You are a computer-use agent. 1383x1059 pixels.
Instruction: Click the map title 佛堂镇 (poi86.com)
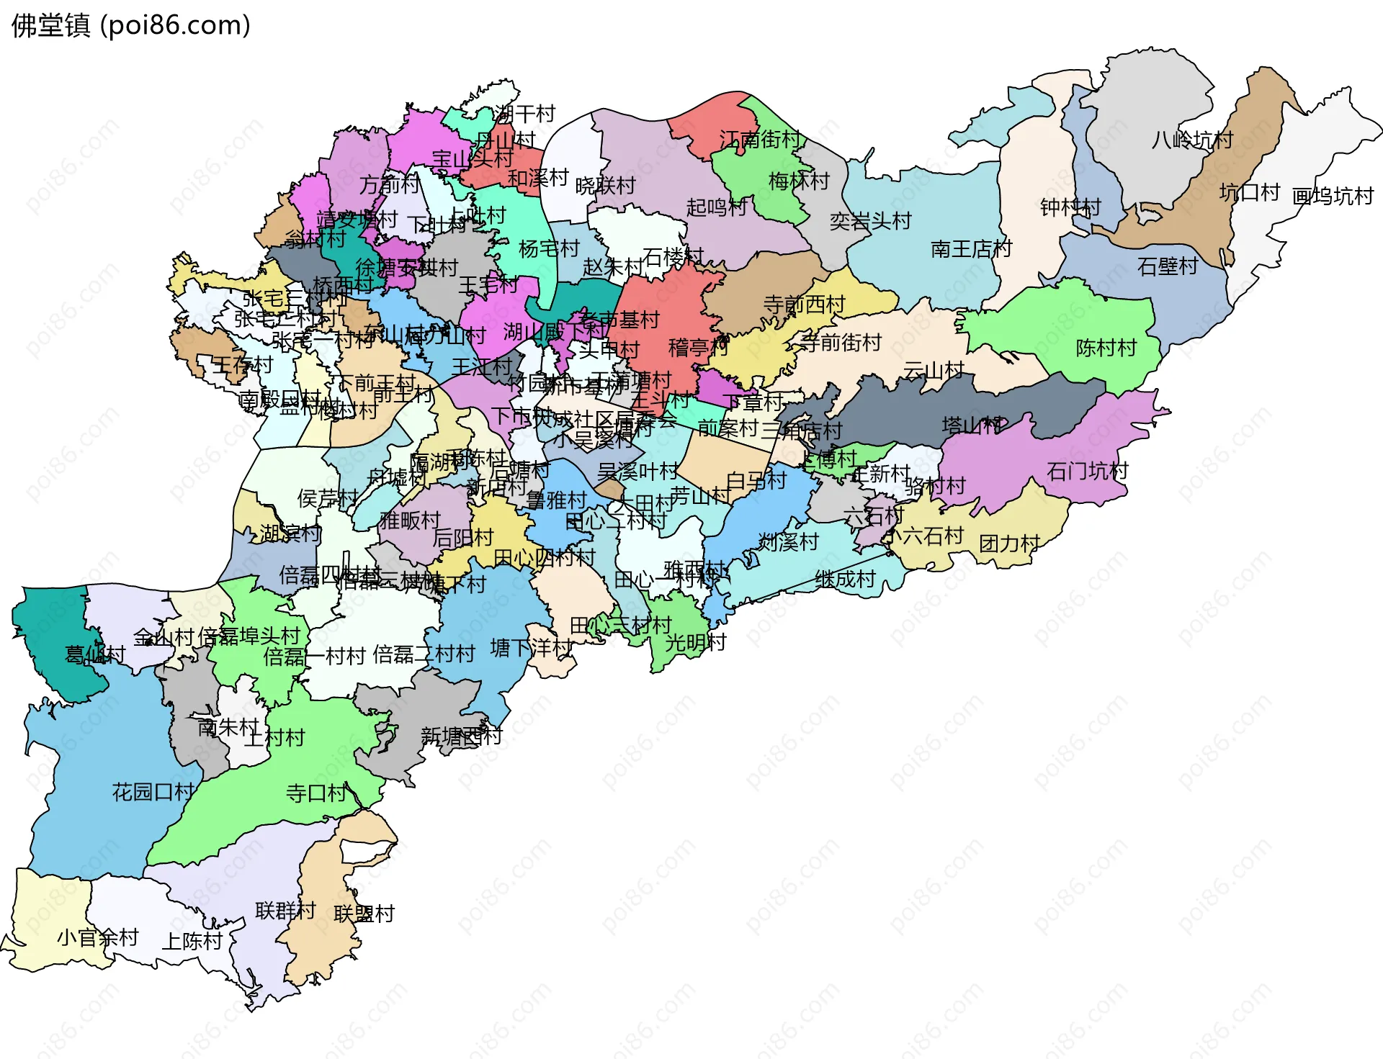[x=131, y=25]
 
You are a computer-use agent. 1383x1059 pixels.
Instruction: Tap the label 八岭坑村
[x=1192, y=140]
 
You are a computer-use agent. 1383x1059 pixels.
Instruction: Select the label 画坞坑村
[x=1333, y=196]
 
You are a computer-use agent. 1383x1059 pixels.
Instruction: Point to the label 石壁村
[x=1167, y=266]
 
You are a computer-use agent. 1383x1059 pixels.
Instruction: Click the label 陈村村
[x=1106, y=348]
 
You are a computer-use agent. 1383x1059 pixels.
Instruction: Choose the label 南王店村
[x=971, y=249]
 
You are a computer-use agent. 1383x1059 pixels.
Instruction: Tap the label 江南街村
[x=760, y=140]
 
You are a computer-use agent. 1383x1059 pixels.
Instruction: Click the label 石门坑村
[x=1087, y=472]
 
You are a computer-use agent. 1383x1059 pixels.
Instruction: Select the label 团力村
[x=1009, y=544]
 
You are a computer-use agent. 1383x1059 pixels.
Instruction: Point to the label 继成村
[x=845, y=579]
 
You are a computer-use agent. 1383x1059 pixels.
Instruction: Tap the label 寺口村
[x=316, y=793]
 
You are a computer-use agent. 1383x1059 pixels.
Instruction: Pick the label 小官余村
[x=98, y=937]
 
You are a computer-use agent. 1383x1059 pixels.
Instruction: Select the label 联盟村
[x=364, y=914]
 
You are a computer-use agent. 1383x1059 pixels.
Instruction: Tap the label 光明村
[x=695, y=642]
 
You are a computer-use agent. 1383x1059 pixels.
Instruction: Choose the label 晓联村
[x=605, y=186]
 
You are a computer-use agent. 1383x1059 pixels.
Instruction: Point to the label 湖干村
[x=524, y=114]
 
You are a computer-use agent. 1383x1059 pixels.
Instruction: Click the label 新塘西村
[x=461, y=736]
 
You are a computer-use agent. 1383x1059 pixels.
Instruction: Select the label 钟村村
[x=1070, y=207]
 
